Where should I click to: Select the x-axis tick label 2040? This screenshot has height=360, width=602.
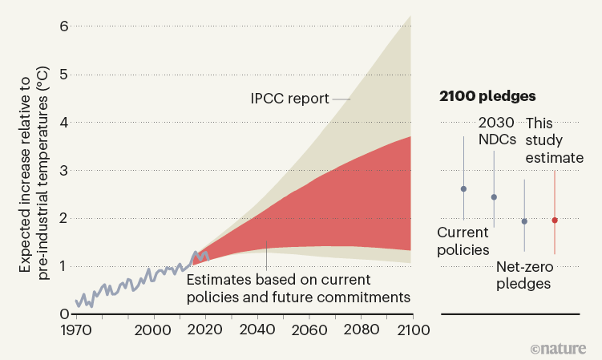pyautogui.click(x=257, y=330)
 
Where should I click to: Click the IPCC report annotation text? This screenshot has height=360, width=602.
pyautogui.click(x=289, y=99)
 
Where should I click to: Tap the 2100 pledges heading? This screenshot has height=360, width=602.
pyautogui.click(x=487, y=96)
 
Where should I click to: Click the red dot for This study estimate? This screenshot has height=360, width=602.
pyautogui.click(x=555, y=220)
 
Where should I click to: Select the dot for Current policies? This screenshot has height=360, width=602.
pyautogui.click(x=463, y=189)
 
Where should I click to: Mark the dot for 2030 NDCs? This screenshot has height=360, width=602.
pyautogui.click(x=494, y=196)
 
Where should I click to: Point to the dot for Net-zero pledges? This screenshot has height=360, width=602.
pyautogui.click(x=524, y=221)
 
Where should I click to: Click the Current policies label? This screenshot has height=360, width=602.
pyautogui.click(x=463, y=241)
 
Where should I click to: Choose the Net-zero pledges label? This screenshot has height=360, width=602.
pyautogui.click(x=524, y=275)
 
